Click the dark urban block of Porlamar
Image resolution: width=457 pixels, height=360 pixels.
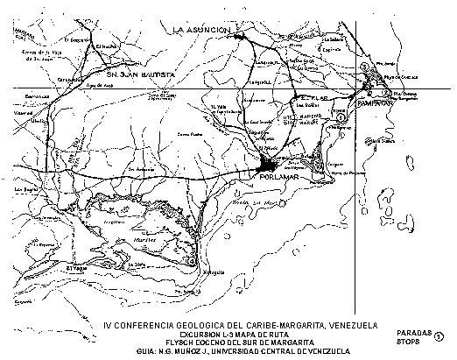[270, 165]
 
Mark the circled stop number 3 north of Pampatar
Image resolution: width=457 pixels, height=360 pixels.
[363, 65]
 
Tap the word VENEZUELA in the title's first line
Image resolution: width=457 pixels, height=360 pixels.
[347, 323]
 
